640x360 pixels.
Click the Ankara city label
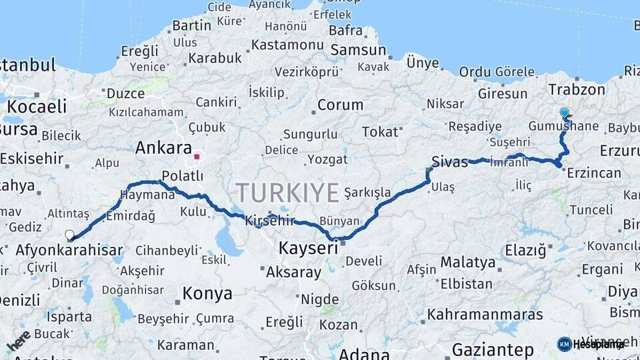(x=163, y=148)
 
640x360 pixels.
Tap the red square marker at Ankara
(x=197, y=158)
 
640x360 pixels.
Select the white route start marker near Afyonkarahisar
(x=69, y=235)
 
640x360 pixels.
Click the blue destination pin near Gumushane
(x=565, y=113)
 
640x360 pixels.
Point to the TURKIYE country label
(x=287, y=193)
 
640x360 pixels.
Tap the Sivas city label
(x=450, y=161)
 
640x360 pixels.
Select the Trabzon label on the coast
(x=577, y=89)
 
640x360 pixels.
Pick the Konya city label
(x=207, y=293)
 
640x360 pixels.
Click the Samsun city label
(x=358, y=50)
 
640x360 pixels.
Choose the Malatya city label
(x=468, y=262)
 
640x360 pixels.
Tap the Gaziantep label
(x=493, y=350)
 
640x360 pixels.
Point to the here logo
(x=18, y=340)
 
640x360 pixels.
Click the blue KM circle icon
(x=565, y=344)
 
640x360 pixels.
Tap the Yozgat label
(x=327, y=159)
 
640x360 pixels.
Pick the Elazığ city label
(x=525, y=251)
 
